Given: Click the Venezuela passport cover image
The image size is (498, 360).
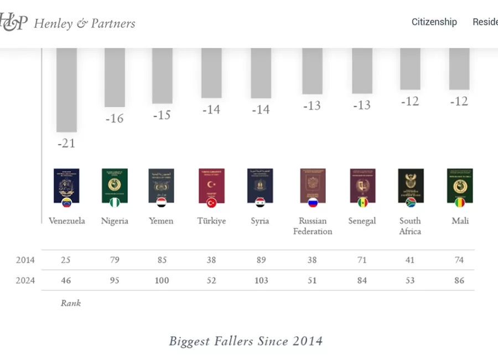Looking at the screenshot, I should point(66,185).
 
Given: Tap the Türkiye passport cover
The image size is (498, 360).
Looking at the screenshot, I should point(211,185).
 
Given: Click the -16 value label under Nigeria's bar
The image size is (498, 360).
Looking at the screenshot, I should point(114,119).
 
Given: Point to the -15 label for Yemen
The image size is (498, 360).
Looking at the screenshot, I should point(162,115).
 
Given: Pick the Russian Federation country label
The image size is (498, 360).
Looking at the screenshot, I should point(313,226).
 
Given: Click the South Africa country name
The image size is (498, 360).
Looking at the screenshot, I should point(410,226).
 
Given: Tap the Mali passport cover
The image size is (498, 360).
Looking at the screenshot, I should point(459,185).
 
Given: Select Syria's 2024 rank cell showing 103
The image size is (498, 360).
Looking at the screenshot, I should point(261,280).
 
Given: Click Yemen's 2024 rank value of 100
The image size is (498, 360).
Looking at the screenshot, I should point(162,280).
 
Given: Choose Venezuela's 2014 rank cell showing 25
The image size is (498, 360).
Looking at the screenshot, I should point(66,260).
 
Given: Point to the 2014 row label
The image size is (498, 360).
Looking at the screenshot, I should point(25,260).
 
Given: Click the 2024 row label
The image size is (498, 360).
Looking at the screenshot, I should point(25,280).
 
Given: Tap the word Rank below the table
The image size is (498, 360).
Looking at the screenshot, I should point(71,303).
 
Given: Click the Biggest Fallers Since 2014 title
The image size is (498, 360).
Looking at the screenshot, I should point(246,341).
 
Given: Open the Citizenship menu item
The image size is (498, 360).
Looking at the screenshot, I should point(434,22).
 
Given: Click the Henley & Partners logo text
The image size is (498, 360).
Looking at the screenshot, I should point(84,23).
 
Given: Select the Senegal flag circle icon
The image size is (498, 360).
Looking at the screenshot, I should point(362,203).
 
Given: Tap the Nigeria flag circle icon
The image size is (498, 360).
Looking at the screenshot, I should point(115,203).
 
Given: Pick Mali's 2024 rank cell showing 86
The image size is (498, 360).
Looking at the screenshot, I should point(459,280).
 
